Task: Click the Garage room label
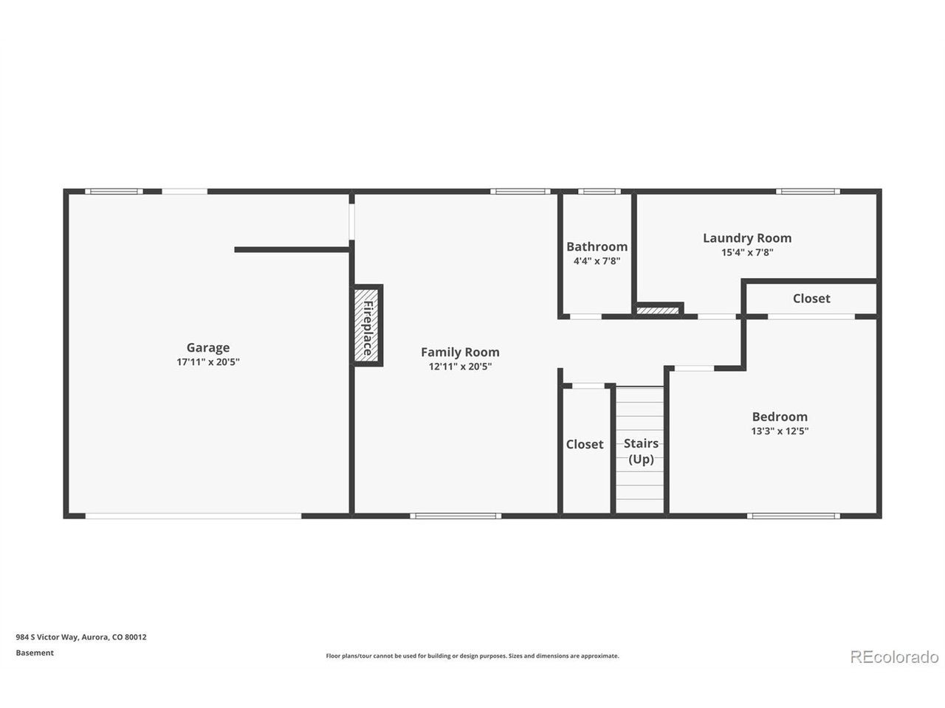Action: [x=208, y=347]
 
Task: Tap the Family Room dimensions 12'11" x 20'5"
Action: [x=460, y=367]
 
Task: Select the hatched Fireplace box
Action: [x=366, y=325]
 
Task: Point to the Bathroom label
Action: [x=597, y=247]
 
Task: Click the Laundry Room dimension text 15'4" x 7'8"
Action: [x=747, y=252]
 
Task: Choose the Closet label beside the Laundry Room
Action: [x=811, y=299]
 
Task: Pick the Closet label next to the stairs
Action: [x=584, y=444]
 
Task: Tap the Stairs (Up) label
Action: [x=641, y=451]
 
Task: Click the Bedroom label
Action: [x=780, y=417]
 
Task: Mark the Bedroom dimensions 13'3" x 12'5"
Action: [x=780, y=431]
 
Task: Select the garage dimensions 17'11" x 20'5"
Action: [x=208, y=362]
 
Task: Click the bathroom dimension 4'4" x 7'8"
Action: [x=597, y=261]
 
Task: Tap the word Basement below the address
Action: [x=35, y=653]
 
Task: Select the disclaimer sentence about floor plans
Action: [x=472, y=656]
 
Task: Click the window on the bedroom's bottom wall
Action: [x=793, y=516]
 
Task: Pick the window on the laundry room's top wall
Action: [x=808, y=191]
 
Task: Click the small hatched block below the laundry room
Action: [x=657, y=310]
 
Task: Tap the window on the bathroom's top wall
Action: [x=599, y=191]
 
